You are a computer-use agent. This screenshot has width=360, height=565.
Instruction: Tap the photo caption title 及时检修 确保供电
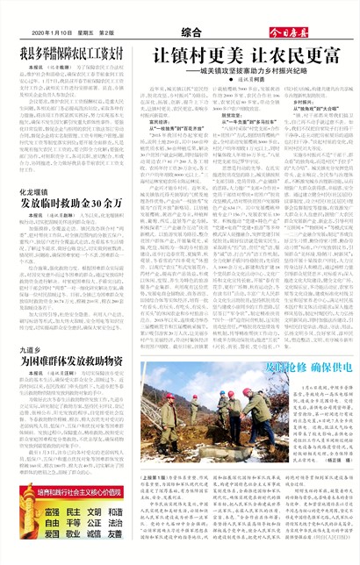(x=265, y=361)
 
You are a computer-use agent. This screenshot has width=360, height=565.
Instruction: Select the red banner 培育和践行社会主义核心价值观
(x=72, y=494)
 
